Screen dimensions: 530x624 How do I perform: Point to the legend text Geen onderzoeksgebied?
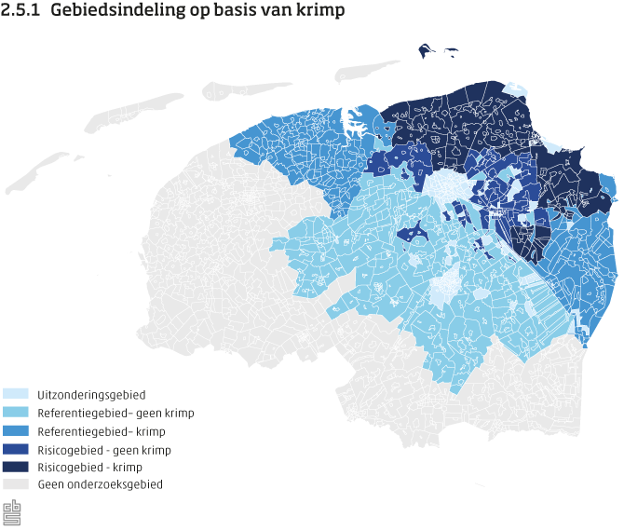coord(101,484)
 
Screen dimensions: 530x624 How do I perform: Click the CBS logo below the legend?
coord(12,512)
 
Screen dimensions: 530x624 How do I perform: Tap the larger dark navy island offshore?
coord(427,50)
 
